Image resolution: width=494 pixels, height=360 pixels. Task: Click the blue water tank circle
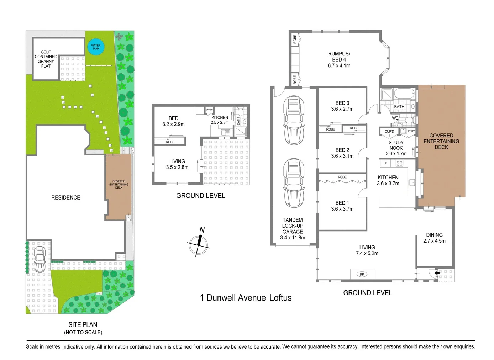click(x=96, y=47)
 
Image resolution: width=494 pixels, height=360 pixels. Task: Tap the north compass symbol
click(x=198, y=244)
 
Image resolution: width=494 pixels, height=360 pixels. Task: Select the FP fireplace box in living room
click(x=362, y=274)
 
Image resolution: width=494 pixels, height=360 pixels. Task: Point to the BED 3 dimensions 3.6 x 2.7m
click(x=342, y=109)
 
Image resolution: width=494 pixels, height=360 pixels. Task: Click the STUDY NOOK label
click(x=396, y=145)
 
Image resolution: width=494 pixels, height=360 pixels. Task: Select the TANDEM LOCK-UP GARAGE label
click(x=293, y=226)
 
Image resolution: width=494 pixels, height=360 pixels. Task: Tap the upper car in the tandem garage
click(x=294, y=120)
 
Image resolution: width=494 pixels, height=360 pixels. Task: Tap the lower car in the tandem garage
click(x=294, y=183)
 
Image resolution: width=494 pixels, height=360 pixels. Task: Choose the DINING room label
click(x=434, y=235)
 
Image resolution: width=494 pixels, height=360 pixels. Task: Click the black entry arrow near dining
click(x=437, y=273)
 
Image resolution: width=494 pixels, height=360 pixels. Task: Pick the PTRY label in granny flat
click(x=210, y=110)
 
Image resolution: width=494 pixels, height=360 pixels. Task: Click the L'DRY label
click(x=411, y=131)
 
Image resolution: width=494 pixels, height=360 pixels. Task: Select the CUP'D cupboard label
click(x=389, y=131)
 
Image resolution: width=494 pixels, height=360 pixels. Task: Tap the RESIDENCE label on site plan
click(x=65, y=198)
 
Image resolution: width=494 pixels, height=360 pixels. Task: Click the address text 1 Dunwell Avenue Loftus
click(x=246, y=298)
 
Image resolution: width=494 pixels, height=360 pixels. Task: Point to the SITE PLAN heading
click(x=83, y=324)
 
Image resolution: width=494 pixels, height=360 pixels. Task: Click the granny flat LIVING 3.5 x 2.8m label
click(x=177, y=164)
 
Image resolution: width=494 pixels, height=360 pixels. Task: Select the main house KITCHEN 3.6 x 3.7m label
click(x=388, y=180)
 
